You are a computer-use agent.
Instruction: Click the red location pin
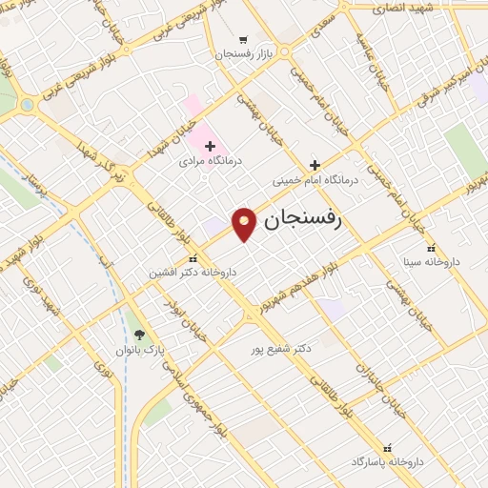245,223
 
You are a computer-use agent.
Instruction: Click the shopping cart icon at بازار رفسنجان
244,40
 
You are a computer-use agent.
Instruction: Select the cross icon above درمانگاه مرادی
211,146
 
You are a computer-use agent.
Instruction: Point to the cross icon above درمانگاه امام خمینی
314,164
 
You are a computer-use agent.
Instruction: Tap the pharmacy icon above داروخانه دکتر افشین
193,257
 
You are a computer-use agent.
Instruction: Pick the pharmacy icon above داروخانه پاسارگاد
387,447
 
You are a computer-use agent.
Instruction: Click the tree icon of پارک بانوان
140,335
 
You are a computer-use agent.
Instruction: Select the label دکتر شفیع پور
278,350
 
